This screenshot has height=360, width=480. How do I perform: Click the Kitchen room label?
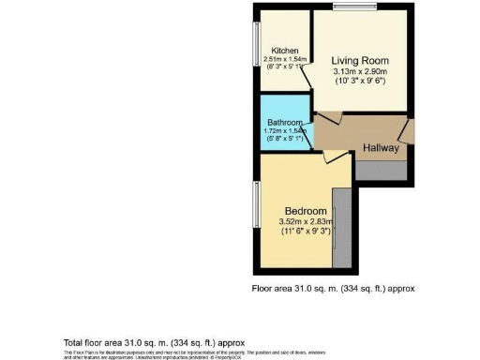285,51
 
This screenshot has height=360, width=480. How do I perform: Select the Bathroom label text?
284,123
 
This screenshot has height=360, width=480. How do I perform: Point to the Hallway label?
381,148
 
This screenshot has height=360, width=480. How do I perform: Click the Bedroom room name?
307,210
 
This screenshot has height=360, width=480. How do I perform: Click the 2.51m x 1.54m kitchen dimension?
285,59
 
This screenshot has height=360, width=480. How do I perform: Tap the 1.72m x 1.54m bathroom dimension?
285,131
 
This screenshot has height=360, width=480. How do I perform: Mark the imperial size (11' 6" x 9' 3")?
307,231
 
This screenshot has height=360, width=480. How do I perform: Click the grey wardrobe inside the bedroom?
343,225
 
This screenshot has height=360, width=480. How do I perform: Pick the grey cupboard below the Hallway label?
381,170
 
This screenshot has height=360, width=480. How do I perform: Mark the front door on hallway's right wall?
406,130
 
